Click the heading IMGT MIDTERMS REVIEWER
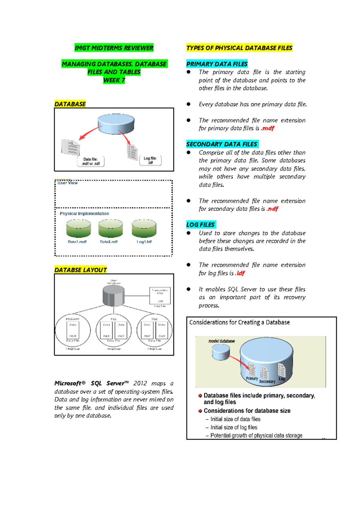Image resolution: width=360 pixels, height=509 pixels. click(114, 48)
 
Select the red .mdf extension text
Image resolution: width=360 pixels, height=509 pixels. click(268, 128)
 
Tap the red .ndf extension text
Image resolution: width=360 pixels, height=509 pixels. click(272, 209)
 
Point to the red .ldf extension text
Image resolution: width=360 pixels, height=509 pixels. click(240, 273)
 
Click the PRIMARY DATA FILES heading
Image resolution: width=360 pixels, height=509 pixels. click(217, 64)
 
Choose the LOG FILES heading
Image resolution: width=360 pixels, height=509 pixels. click(200, 224)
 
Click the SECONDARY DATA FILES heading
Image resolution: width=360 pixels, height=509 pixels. click(222, 144)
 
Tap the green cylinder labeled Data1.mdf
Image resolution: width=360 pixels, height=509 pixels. click(78, 228)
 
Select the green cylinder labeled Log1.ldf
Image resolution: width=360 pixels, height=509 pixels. click(144, 228)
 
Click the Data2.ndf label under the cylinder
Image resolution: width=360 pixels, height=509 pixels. click(109, 242)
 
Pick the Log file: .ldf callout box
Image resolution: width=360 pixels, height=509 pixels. click(150, 161)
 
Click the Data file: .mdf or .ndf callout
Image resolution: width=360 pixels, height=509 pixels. click(91, 161)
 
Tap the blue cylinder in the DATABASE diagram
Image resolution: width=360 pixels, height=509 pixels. click(116, 124)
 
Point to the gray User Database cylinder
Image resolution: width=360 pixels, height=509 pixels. click(113, 295)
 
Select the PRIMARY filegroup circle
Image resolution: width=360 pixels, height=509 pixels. click(73, 330)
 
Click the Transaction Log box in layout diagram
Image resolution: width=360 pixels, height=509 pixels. click(160, 296)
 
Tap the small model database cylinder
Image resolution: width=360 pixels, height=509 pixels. click(221, 352)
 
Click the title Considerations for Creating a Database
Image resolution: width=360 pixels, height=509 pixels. click(239, 322)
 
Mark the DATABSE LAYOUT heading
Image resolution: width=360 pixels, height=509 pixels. click(80, 270)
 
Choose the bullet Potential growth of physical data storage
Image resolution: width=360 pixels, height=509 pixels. click(256, 435)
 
